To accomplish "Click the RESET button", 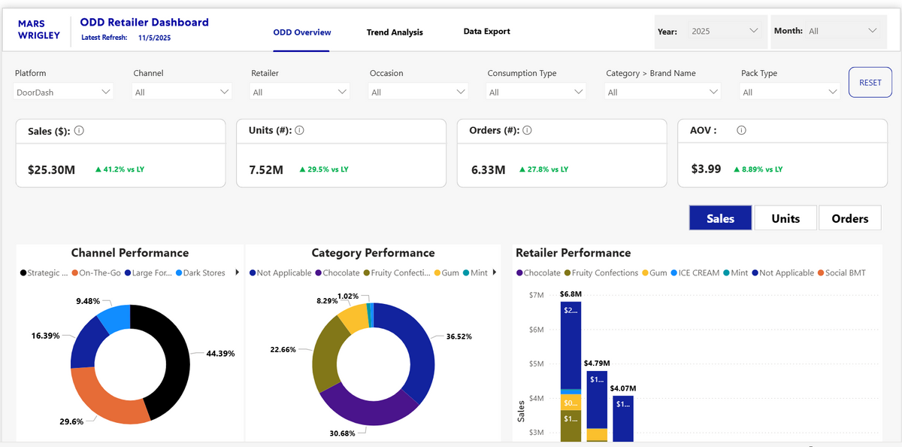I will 870,82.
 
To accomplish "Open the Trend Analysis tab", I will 395,32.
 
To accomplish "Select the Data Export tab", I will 486,32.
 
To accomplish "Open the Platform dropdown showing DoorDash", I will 64,92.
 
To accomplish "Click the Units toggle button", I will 785,218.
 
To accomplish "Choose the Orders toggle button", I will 849,218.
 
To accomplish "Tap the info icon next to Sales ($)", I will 79,130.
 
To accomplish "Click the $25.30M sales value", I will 52,170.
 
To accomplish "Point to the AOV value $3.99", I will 706,169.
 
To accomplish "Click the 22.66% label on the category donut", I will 283,350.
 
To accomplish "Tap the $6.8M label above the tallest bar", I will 571,293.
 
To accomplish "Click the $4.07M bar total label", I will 623,388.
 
